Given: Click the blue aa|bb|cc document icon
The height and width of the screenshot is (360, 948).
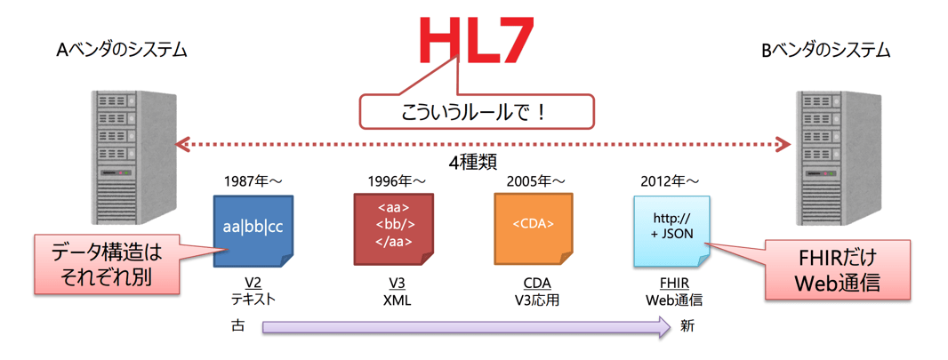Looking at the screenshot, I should (253, 229).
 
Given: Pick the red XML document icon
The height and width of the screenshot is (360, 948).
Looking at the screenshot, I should (394, 228).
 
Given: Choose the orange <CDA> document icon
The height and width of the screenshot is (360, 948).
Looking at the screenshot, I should (533, 228).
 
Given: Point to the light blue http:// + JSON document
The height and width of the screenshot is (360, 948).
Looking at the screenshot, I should (671, 229).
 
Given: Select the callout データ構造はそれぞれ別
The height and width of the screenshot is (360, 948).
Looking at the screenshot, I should (106, 264).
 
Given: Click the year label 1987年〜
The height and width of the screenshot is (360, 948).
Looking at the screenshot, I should (253, 181).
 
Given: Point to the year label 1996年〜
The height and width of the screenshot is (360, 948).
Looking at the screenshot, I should (395, 181).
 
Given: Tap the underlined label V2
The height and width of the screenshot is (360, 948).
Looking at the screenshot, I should (253, 284).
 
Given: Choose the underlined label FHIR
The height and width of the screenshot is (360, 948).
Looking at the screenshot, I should (673, 284).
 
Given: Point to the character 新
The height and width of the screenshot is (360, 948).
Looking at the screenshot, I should (687, 326).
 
